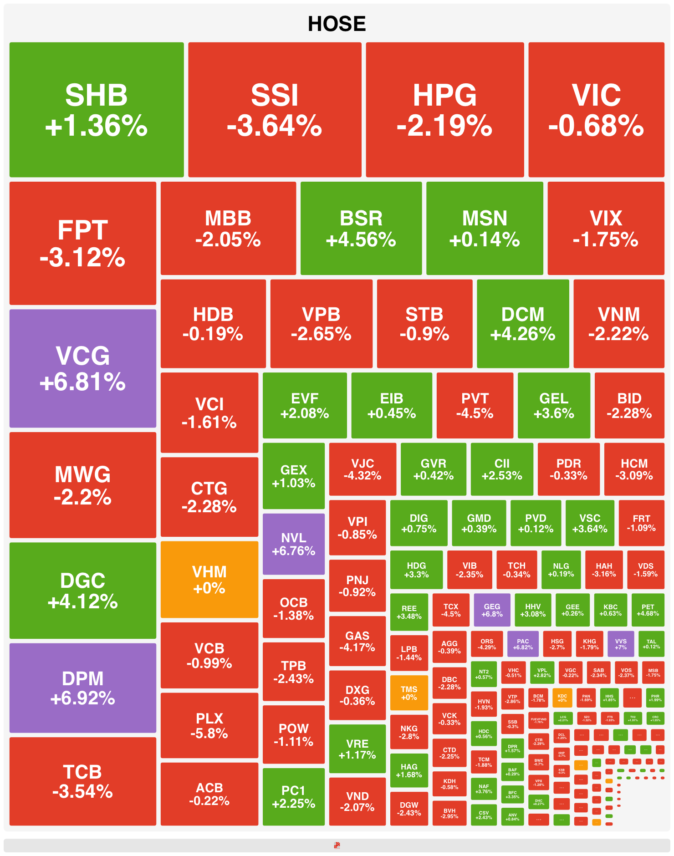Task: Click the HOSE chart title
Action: coord(337,24)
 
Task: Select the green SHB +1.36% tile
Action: coord(97,110)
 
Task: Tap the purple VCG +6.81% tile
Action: coord(83,368)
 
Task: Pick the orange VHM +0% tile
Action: coord(209,579)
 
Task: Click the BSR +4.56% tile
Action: coord(361,228)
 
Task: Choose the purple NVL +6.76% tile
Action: coord(294,544)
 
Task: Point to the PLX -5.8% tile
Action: coord(209,725)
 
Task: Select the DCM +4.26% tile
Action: coord(523,324)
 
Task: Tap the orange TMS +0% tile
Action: coord(409,693)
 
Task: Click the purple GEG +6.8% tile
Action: coord(492,610)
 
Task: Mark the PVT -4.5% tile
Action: coord(475,405)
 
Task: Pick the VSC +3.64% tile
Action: coord(590,523)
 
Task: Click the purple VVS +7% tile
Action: coord(621,644)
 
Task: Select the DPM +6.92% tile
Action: coord(83,688)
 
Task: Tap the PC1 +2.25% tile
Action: coord(294,796)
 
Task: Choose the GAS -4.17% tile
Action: coord(357,641)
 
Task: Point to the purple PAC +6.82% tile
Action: coord(523,644)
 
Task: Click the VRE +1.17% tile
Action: coord(357,749)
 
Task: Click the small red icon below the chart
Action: coord(337,846)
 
